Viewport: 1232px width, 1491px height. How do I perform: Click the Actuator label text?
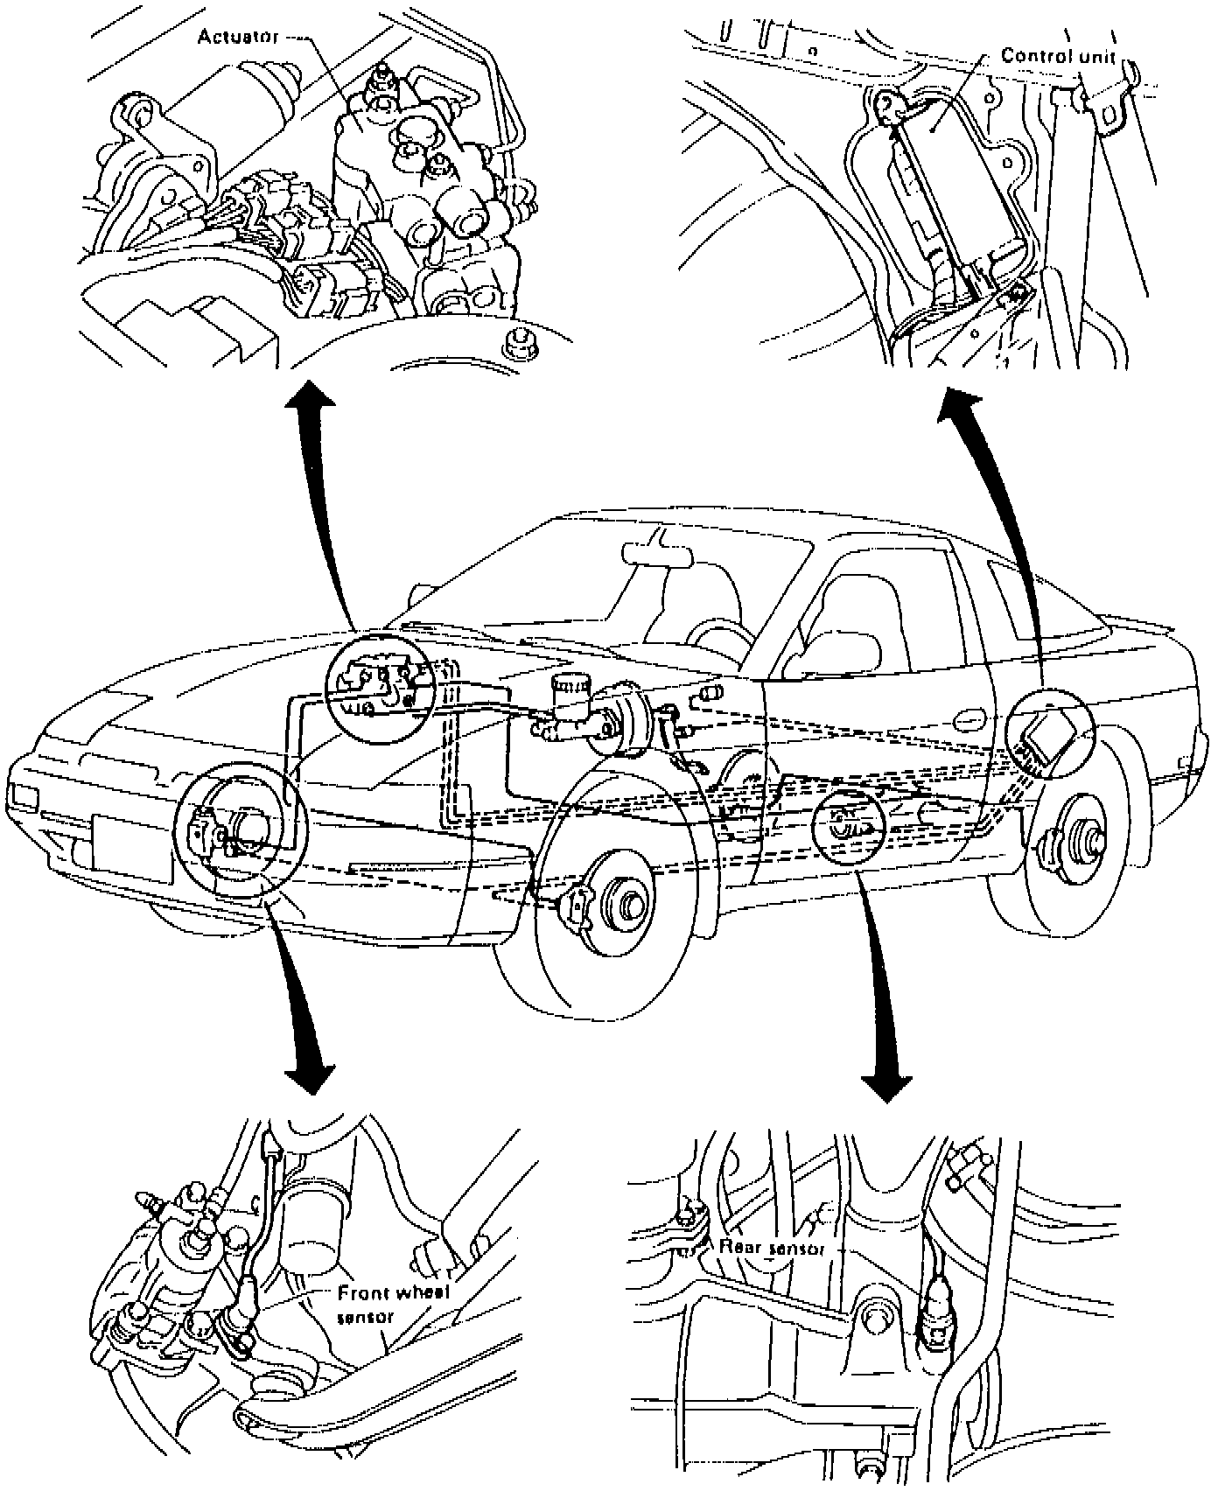237,37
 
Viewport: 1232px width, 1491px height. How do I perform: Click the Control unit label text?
1058,56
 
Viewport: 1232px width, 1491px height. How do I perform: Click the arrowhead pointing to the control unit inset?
961,409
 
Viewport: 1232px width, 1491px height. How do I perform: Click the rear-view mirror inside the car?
656,554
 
